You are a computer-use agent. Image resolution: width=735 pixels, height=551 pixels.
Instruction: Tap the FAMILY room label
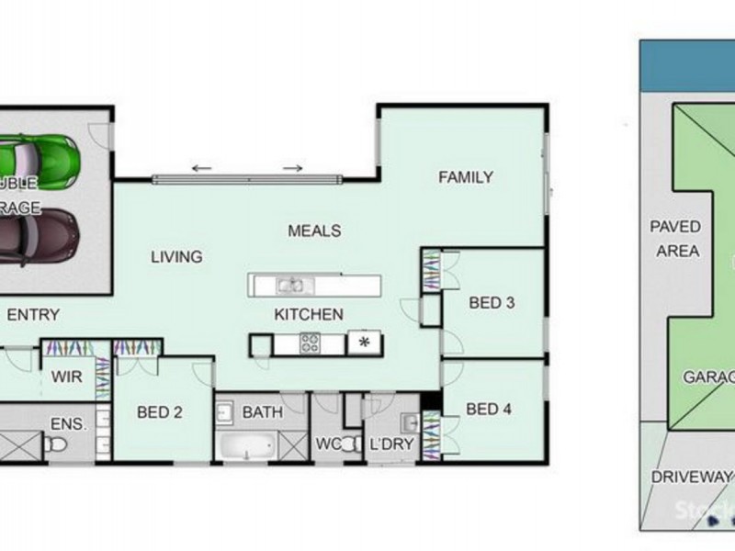[x=465, y=177]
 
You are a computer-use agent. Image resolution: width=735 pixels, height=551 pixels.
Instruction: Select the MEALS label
[x=314, y=231]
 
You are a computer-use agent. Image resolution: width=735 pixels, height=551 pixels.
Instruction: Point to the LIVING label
[x=175, y=257]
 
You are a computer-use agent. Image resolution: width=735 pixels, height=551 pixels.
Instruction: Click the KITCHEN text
[x=308, y=314]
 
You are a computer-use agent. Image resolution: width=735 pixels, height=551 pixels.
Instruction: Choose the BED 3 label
[x=491, y=302]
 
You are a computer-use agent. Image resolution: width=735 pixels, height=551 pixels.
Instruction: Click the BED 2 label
[x=158, y=412]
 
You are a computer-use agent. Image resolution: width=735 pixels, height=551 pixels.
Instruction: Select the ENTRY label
[x=33, y=314]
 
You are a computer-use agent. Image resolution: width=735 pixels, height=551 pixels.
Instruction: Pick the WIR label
[x=66, y=376]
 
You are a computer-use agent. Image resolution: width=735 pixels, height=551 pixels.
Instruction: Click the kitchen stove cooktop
[x=309, y=343]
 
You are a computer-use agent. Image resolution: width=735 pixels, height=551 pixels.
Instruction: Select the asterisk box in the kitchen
[x=364, y=343]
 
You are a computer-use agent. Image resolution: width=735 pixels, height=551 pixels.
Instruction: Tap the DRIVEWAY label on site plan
[x=691, y=477]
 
